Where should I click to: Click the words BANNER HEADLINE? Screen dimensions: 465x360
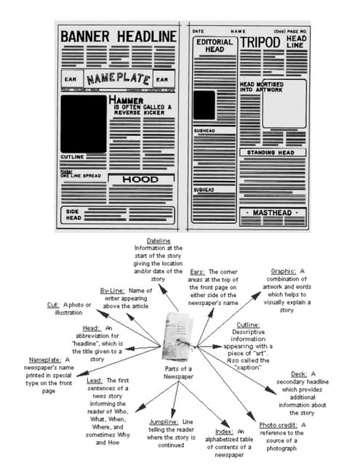(x=118, y=36)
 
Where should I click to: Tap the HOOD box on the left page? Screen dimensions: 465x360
(x=140, y=179)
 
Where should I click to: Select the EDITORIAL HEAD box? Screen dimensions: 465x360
(x=215, y=46)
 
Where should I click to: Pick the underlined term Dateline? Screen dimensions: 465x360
(x=159, y=240)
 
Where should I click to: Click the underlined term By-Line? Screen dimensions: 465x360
(x=113, y=291)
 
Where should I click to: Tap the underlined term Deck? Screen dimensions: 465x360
(x=297, y=374)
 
